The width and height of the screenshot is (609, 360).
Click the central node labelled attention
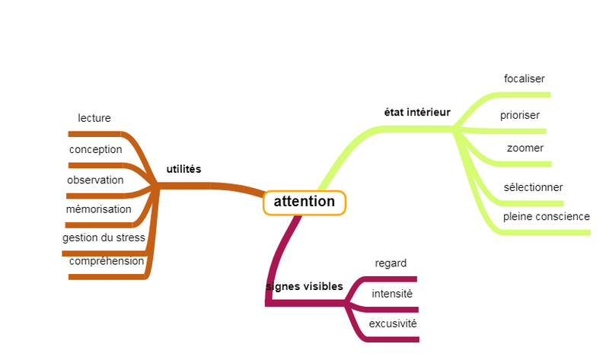click(304, 202)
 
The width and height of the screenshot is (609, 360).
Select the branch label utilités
click(183, 169)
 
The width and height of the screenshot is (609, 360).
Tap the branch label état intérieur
click(417, 112)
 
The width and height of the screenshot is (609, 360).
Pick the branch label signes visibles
click(304, 286)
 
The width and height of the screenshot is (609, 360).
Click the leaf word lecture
click(94, 118)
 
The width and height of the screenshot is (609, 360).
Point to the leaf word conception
click(96, 149)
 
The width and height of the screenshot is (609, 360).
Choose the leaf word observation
click(95, 180)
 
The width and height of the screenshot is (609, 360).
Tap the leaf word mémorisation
click(99, 209)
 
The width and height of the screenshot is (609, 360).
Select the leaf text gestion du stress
click(104, 237)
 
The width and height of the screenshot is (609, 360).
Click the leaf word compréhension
click(107, 261)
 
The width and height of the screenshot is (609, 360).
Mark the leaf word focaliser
click(525, 78)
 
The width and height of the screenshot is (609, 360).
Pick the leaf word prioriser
click(520, 116)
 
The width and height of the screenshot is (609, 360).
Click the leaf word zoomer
click(525, 148)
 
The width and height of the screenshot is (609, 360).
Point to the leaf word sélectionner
click(533, 187)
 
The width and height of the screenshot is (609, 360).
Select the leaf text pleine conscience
click(547, 216)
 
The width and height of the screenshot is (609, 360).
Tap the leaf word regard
click(391, 263)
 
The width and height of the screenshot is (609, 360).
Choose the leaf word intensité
click(392, 294)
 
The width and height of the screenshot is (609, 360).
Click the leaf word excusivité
click(393, 323)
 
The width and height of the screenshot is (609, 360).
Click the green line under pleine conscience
click(548, 232)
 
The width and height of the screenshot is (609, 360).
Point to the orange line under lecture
click(95, 134)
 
